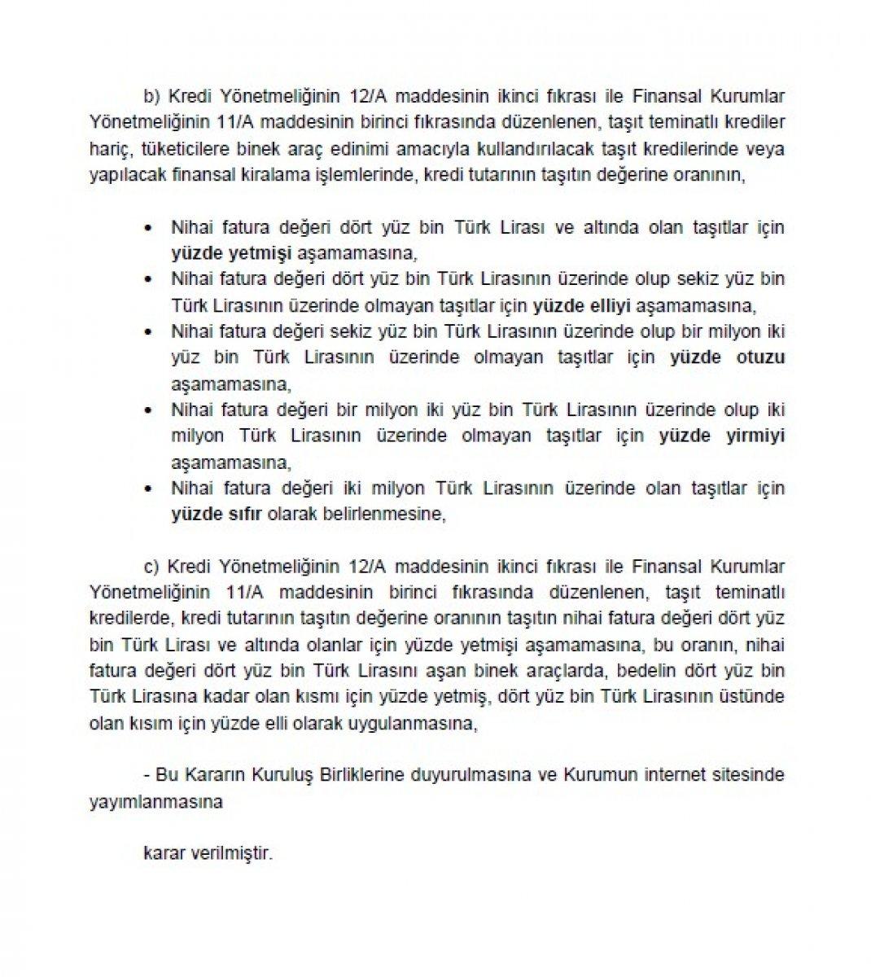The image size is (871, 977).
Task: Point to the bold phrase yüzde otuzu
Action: pyautogui.click(x=727, y=357)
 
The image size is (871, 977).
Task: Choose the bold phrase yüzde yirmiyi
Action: pyautogui.click(x=721, y=436)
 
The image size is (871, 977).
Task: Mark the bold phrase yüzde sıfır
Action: pyautogui.click(x=215, y=514)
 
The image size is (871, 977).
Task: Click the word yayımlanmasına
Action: pyautogui.click(x=156, y=800)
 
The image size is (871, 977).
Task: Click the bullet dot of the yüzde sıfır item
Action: pyautogui.click(x=148, y=489)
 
